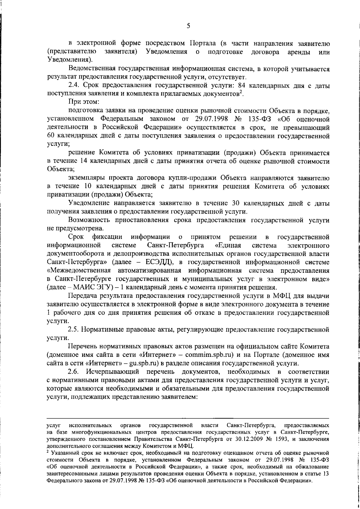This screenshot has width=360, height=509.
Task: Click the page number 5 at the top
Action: [x=188, y=26]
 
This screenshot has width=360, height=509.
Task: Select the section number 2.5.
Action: [x=73, y=330]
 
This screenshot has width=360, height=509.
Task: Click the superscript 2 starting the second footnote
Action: [x=48, y=451]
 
